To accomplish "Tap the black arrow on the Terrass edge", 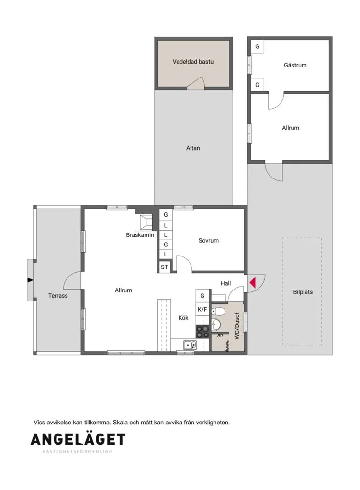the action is click(30, 280).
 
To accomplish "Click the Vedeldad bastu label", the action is click(193, 62).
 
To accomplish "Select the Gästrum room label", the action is click(295, 65).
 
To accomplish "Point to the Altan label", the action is click(193, 148).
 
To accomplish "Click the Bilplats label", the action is click(303, 292).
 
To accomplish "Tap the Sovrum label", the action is click(208, 240).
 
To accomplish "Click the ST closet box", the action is click(164, 267).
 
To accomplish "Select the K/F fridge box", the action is click(202, 310).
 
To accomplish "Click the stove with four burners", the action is click(202, 332).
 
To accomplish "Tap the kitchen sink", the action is click(190, 345).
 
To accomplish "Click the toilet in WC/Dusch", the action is click(218, 311).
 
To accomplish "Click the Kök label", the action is click(183, 318).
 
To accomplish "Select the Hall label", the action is click(225, 283).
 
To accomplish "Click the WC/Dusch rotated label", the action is click(236, 325).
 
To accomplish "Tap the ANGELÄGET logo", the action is click(78, 439).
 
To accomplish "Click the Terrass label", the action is click(58, 295).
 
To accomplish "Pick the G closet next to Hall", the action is click(202, 296).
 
